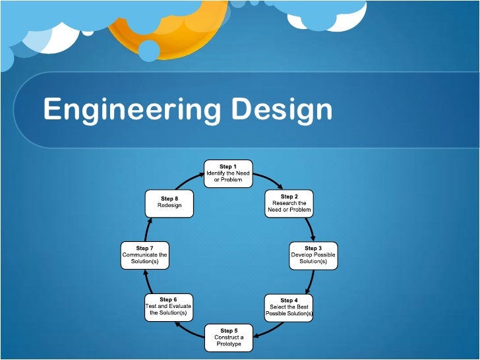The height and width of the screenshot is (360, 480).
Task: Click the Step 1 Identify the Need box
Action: click(227, 173)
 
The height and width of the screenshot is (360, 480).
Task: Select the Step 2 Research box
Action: click(289, 203)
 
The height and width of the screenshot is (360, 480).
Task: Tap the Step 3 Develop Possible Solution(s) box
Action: click(313, 255)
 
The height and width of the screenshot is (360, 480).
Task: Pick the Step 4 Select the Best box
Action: click(289, 307)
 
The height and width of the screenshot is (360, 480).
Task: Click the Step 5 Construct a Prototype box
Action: click(227, 337)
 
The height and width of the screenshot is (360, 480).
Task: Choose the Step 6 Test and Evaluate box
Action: click(168, 307)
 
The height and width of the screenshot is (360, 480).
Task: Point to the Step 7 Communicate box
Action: click(144, 255)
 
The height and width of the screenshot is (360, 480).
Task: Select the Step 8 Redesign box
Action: click(169, 203)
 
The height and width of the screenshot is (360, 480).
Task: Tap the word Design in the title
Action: click(282, 109)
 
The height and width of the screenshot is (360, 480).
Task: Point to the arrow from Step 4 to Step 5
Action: click(264, 330)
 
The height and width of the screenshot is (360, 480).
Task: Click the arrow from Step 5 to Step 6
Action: click(191, 330)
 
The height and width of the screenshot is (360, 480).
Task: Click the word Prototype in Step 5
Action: click(227, 344)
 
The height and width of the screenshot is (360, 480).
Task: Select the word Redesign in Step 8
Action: click(169, 206)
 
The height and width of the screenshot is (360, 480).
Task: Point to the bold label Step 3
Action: click(313, 248)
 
